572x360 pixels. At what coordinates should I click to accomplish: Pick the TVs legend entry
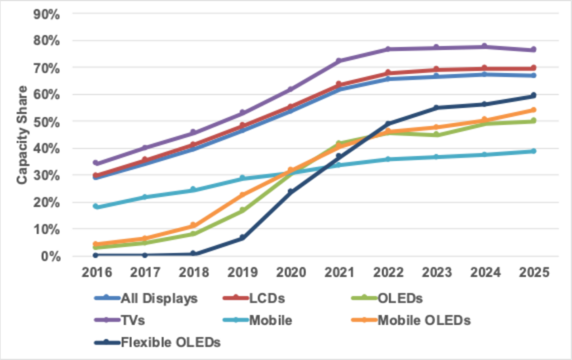point(133,320)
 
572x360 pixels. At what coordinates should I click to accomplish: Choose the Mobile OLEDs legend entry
point(424,320)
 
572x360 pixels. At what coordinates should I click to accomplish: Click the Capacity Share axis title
point(21,135)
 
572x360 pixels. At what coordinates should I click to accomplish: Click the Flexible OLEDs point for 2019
point(242,238)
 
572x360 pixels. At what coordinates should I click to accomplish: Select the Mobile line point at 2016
point(96,207)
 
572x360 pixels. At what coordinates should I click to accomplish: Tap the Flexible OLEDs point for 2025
point(533,95)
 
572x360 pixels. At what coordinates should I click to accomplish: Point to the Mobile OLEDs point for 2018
point(193,225)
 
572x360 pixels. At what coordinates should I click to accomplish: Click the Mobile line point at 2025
point(533,151)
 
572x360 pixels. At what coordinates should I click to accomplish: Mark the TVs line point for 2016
point(96,163)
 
